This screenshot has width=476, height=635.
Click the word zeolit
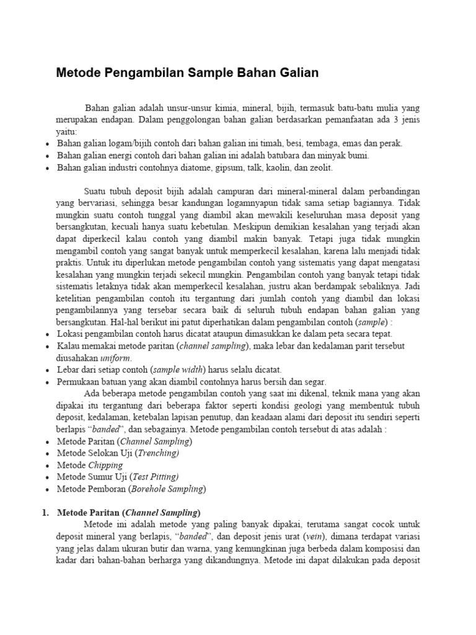point(320,168)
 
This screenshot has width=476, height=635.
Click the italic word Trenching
point(157,453)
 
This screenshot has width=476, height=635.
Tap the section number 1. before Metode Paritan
point(45,513)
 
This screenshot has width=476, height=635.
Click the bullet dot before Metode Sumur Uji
point(48,477)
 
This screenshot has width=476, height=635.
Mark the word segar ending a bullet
point(314,382)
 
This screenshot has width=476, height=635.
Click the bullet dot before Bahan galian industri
point(48,169)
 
